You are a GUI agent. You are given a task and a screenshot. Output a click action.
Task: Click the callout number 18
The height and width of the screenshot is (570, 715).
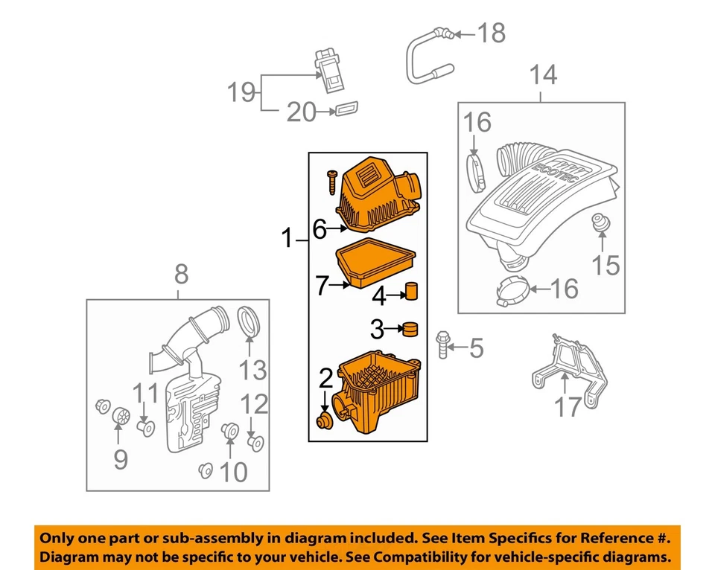point(491,33)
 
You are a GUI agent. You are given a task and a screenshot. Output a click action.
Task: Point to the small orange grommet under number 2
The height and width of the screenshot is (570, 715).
point(324,422)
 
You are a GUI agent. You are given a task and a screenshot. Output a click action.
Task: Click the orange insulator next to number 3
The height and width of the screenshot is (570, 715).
point(409,328)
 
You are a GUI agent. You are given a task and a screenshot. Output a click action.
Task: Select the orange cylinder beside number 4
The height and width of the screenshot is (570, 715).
point(411,291)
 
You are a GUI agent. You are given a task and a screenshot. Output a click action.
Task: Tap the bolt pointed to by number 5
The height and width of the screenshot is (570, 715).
point(443,345)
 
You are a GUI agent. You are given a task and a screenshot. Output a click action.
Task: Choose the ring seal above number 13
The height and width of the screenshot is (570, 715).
point(250,321)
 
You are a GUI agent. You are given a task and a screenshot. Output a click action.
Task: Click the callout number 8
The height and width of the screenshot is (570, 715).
point(181,275)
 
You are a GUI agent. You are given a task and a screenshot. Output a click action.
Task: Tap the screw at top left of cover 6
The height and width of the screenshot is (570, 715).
point(331,180)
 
